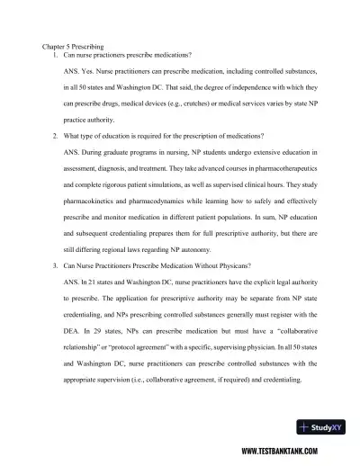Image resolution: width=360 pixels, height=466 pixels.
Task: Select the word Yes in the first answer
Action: (x=89, y=72)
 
